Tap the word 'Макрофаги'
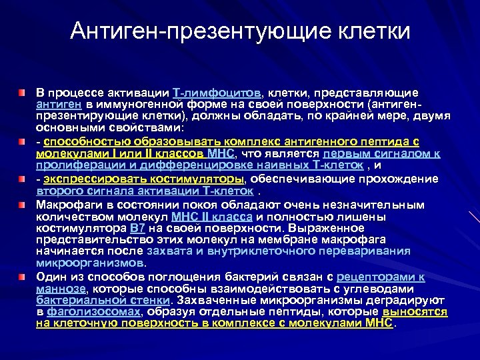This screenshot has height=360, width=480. pyautogui.click(x=67, y=205)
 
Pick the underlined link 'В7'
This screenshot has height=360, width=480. pyautogui.click(x=137, y=229)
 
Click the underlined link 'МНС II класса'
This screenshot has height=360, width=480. pyautogui.click(x=211, y=217)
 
